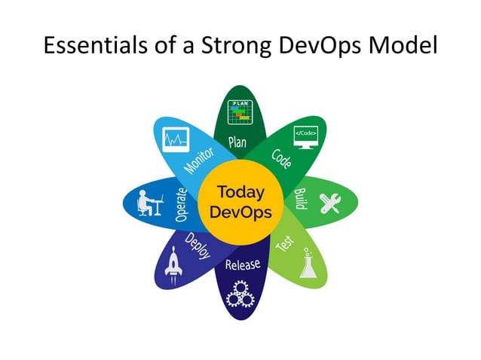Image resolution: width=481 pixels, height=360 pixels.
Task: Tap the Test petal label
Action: (283, 243)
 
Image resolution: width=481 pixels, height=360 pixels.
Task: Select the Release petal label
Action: (242, 264)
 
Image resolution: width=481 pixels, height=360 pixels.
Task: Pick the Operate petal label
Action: (181, 203)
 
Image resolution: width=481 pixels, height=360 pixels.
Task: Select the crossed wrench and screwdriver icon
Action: (332, 203)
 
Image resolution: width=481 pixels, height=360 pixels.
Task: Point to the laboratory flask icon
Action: (308, 265)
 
